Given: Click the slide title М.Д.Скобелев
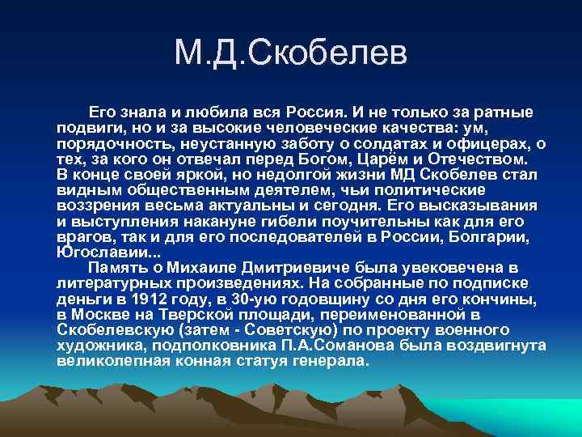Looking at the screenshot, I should [292, 55].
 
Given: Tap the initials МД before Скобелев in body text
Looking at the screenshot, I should [411, 175].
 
